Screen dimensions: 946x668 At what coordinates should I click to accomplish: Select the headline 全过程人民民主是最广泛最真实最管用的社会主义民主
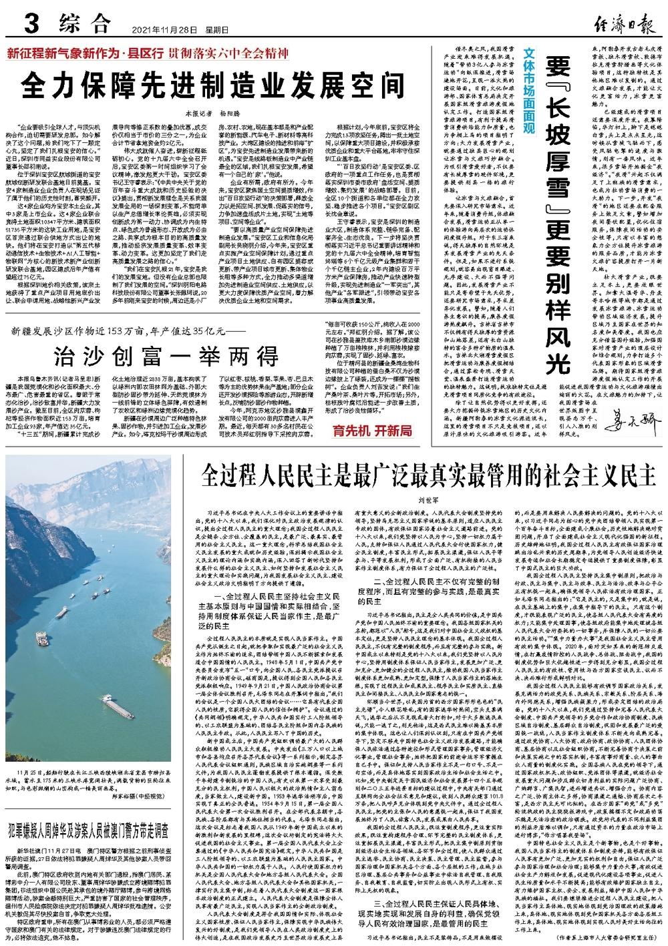[x=428, y=478]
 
